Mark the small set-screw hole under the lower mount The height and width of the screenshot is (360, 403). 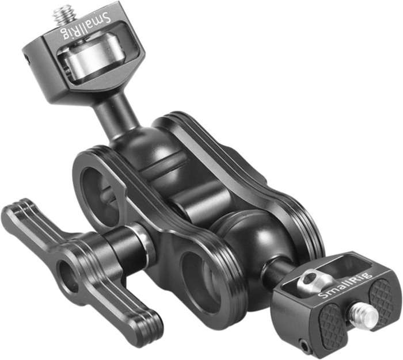pyautogui.click(x=303, y=346)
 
